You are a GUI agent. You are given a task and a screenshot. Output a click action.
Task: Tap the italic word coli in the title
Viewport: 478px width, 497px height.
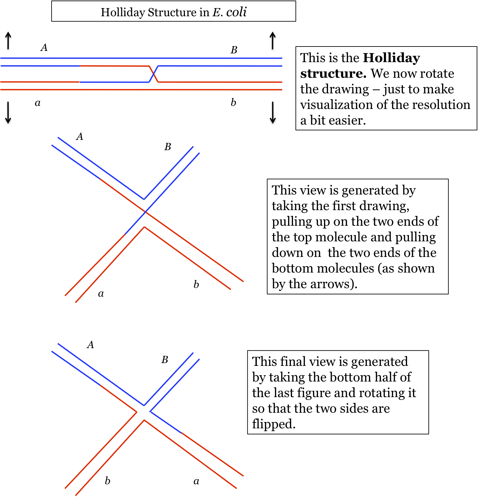[x=236, y=12]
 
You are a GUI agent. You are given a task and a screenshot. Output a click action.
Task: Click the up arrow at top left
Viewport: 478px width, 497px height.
[x=8, y=40]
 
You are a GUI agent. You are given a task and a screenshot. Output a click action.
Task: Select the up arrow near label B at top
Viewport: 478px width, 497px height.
[x=273, y=40]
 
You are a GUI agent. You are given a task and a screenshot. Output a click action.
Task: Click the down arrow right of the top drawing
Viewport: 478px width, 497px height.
[x=273, y=112]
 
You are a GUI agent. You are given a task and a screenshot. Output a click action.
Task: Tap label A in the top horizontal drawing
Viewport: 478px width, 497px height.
[x=44, y=47]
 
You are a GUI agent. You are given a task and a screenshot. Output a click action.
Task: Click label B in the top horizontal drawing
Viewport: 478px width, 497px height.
[x=234, y=50]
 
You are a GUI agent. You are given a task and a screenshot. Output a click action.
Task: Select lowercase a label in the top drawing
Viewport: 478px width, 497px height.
[x=37, y=103]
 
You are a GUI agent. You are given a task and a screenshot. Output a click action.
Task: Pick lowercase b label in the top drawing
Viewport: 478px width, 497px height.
[x=233, y=102]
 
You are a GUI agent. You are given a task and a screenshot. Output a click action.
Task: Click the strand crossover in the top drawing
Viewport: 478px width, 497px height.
[x=153, y=74]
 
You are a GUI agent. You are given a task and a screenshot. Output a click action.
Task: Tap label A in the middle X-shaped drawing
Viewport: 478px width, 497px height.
[x=80, y=136]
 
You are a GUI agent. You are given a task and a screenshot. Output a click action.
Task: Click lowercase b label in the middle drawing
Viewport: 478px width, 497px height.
[x=196, y=284]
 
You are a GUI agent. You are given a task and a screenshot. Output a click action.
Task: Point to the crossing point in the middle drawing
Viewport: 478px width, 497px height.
[x=145, y=212]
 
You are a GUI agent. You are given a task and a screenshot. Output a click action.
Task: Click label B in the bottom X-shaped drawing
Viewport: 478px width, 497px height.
[x=165, y=360]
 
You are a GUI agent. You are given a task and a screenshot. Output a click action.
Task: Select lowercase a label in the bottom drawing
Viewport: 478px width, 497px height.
[x=196, y=481]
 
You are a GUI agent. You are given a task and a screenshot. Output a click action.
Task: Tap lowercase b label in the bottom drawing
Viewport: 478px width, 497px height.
[x=107, y=481]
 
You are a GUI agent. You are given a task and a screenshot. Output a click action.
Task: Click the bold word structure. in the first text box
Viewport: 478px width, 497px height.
[x=333, y=74]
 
